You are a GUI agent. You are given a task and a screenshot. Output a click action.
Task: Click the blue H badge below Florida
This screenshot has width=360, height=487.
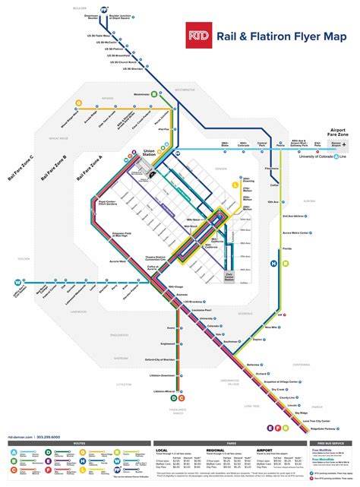pos(274,264)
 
